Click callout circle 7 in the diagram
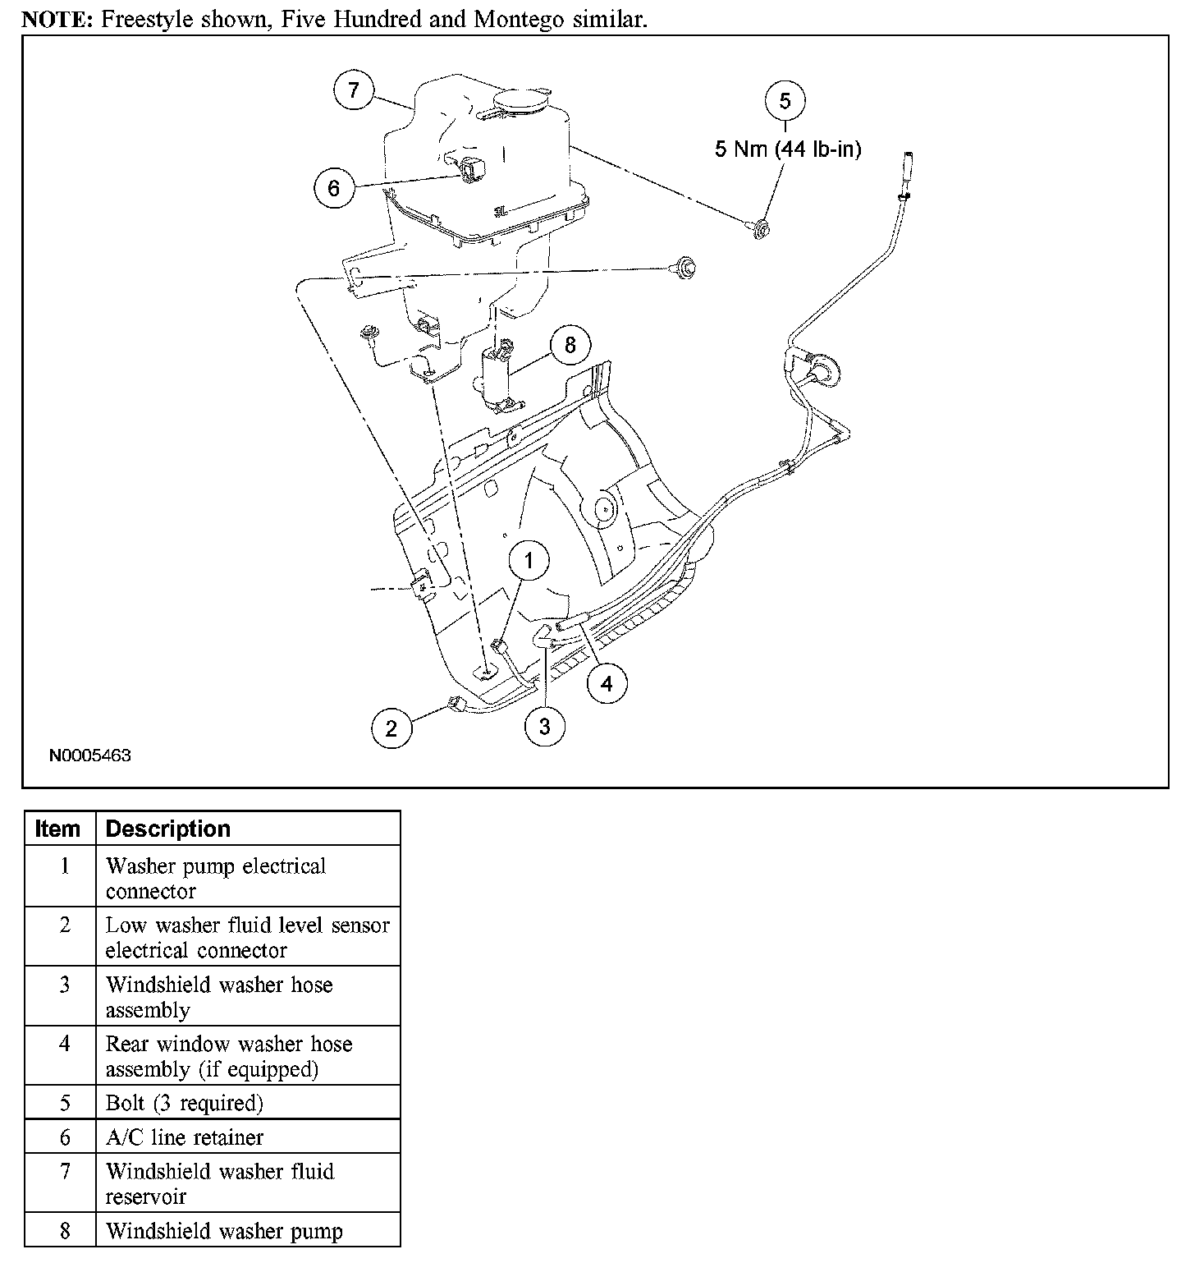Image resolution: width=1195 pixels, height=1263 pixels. [354, 90]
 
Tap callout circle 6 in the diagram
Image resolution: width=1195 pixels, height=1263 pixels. [333, 188]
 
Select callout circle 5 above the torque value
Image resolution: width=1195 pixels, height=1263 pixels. [785, 101]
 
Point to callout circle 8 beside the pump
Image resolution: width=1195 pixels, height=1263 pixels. [570, 345]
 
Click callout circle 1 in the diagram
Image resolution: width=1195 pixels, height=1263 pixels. [529, 561]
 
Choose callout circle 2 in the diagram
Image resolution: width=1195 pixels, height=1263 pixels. [391, 728]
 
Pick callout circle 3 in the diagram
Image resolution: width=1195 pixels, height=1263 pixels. [545, 726]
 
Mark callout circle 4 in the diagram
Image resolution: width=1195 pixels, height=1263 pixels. [607, 683]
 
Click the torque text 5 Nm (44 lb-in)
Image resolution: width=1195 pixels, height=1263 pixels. [788, 149]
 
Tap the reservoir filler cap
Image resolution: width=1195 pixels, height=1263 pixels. [520, 102]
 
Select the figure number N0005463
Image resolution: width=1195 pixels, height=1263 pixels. [89, 756]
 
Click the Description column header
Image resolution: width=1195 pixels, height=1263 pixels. [168, 829]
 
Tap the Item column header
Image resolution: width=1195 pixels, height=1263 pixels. [58, 829]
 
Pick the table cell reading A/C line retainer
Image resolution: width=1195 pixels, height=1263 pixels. [185, 1137]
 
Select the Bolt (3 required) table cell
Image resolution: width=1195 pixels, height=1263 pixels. [185, 1103]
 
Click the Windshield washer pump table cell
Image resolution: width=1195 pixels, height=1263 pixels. [224, 1231]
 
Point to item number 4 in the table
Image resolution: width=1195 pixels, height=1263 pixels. [65, 1044]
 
